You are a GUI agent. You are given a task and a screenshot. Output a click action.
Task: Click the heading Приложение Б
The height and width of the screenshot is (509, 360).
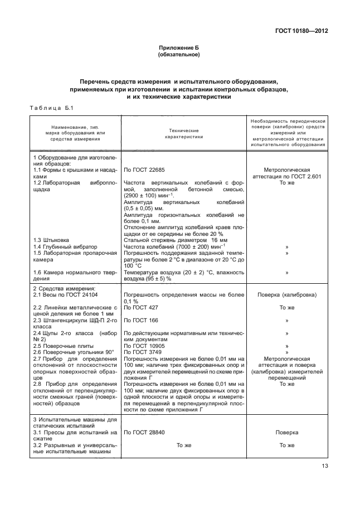pyautogui.click(x=179, y=49)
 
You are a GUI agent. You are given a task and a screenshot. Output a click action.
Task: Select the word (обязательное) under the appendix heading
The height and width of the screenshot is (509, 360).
pyautogui.click(x=179, y=56)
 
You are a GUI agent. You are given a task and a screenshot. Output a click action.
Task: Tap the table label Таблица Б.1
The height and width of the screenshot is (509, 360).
pyautogui.click(x=50, y=108)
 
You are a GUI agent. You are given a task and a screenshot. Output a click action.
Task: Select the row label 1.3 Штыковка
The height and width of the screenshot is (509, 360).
pyautogui.click(x=51, y=240)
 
